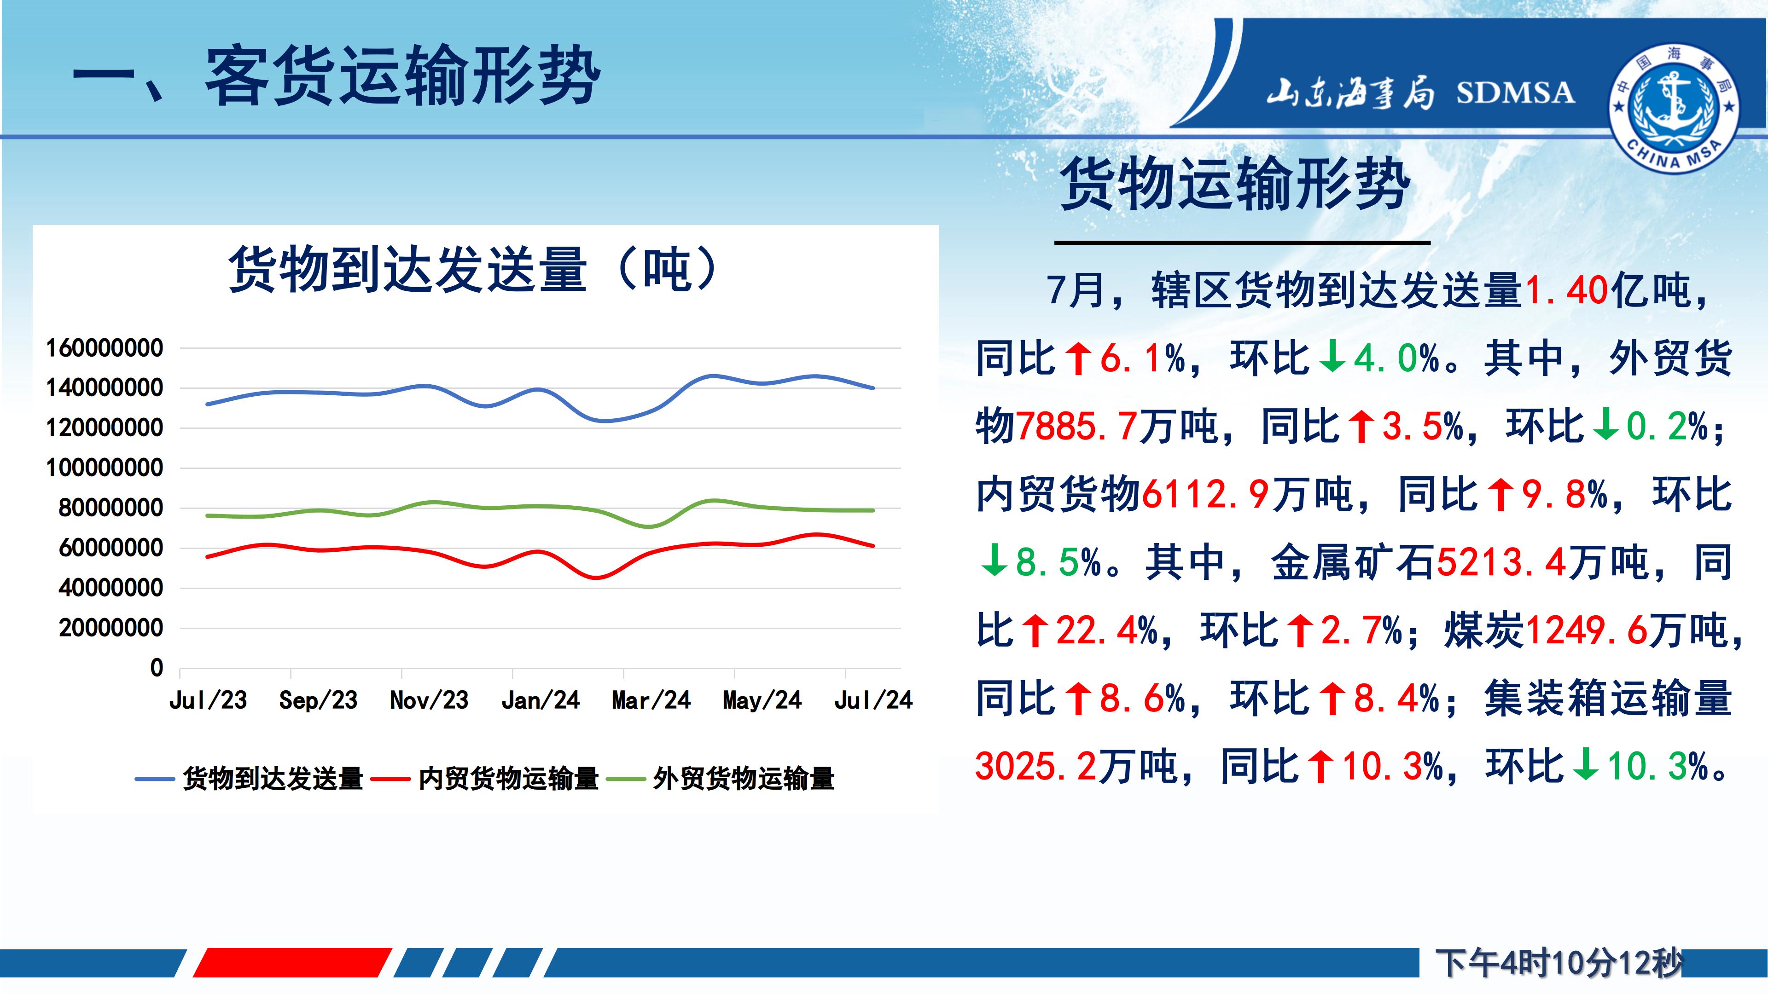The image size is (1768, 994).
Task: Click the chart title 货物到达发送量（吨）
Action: [474, 270]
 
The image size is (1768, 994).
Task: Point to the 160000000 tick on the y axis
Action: [105, 348]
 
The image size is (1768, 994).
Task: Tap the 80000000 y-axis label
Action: [111, 509]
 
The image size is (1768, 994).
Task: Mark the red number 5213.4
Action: [1502, 562]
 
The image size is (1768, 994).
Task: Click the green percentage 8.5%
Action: [1059, 562]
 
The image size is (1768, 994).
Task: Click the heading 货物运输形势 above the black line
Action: [1235, 184]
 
